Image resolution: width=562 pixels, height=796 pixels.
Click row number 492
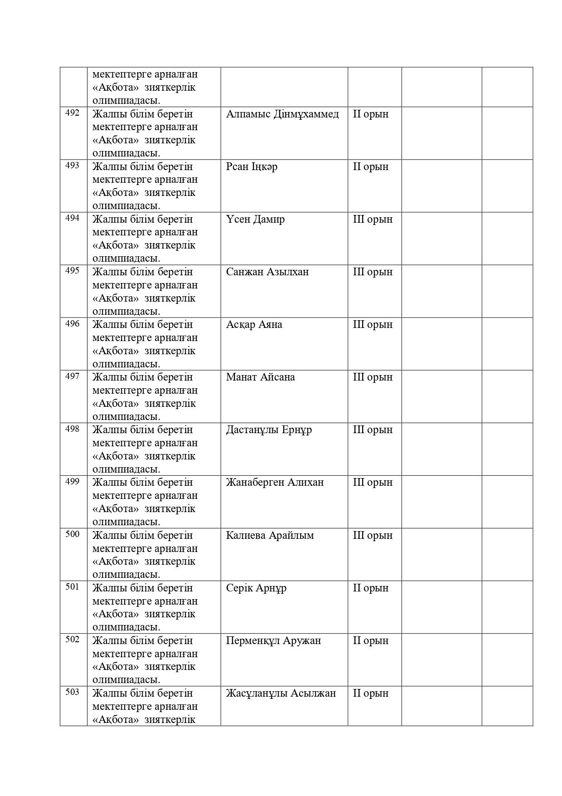coord(73,113)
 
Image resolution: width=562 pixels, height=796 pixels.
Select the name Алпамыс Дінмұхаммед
coord(282,114)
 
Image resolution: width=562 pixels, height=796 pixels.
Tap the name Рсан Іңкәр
coord(252,166)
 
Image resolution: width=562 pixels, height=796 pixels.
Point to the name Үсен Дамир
coord(255,219)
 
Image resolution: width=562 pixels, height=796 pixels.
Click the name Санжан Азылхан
coord(267,272)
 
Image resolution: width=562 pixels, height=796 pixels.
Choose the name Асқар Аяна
coord(254,324)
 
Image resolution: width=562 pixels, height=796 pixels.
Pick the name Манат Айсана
coord(260,377)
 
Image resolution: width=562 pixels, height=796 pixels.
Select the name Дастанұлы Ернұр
coord(269,430)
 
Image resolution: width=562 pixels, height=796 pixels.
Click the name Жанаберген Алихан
coord(275,482)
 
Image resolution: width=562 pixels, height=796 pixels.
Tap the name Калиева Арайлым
coord(270,535)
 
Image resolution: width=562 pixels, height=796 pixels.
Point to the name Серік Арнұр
coord(256,588)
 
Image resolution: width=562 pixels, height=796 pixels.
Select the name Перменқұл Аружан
coord(273,640)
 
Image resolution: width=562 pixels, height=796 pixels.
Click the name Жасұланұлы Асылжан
coord(281,693)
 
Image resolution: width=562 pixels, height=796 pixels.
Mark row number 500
coord(73,534)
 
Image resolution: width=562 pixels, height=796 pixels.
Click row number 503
coord(73,692)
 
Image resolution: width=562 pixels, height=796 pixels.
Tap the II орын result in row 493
coord(370,166)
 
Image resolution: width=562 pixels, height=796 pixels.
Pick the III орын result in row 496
coord(373,324)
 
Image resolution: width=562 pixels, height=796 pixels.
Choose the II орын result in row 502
coord(370,640)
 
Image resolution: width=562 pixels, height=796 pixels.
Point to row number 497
coord(73,376)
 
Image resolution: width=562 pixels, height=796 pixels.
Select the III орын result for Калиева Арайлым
coord(373,535)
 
